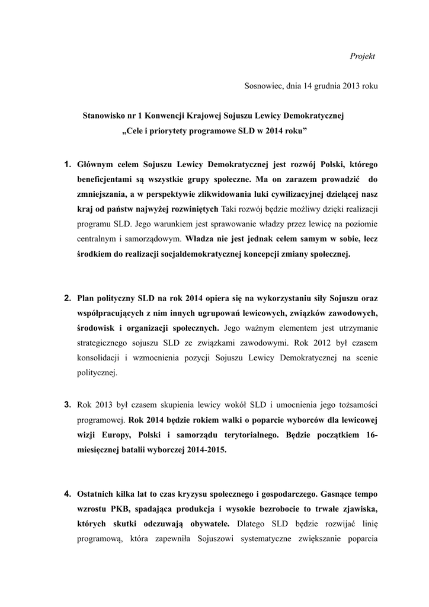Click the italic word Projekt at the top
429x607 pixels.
[363, 56]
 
